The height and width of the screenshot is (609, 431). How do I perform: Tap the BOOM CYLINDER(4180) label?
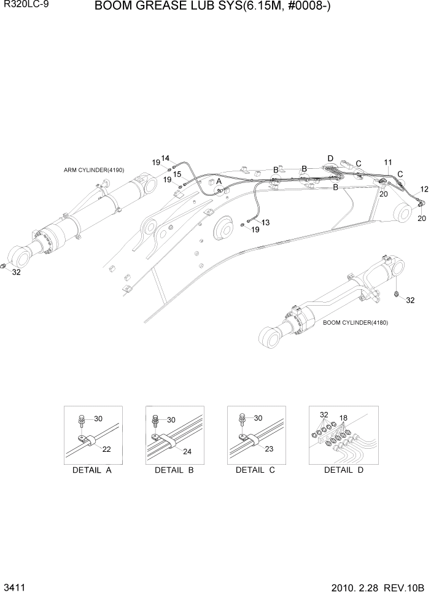(x=355, y=322)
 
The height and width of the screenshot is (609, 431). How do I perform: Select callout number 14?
(x=165, y=158)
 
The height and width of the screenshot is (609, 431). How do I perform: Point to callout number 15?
(x=177, y=174)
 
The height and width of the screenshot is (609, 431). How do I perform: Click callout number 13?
(x=265, y=222)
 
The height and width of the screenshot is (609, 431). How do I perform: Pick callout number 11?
(x=388, y=162)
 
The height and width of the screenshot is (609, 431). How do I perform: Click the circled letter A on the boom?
(x=218, y=182)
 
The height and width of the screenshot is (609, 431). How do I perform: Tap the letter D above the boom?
(x=330, y=158)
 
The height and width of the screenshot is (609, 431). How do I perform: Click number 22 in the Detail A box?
(x=106, y=449)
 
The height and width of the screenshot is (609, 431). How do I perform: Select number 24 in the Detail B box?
(x=187, y=452)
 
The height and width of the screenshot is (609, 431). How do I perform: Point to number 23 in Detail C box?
(x=268, y=449)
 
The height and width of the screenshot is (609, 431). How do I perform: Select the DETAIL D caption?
(x=344, y=471)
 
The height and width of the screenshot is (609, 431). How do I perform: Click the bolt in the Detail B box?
(x=155, y=421)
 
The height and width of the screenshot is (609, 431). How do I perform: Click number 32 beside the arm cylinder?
(x=17, y=273)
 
